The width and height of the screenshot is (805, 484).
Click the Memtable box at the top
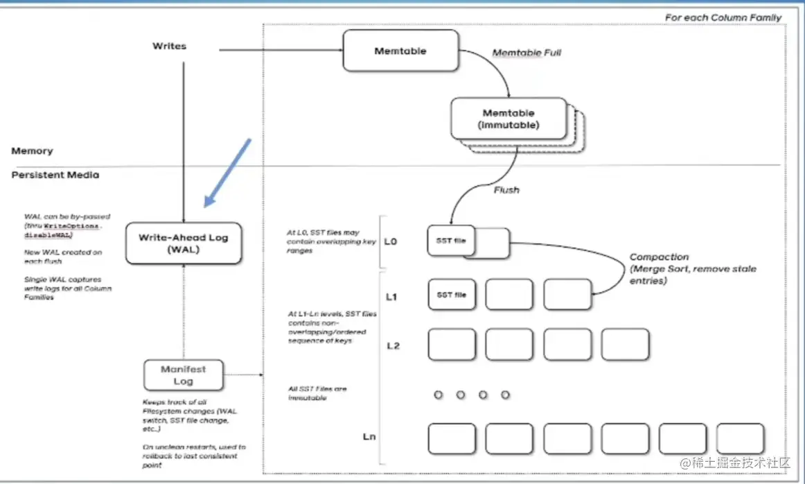pyautogui.click(x=400, y=51)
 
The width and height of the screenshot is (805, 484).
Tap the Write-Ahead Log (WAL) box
pyautogui.click(x=184, y=243)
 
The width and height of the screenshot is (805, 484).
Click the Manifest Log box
pyautogui.click(x=184, y=375)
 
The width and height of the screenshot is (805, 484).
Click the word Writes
pyautogui.click(x=169, y=46)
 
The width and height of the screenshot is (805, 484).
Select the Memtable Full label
pyautogui.click(x=527, y=53)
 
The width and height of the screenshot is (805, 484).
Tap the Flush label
pyautogui.click(x=506, y=189)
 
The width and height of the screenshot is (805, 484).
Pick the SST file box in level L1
pyautogui.click(x=452, y=295)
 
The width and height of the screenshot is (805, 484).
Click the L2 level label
pyautogui.click(x=393, y=345)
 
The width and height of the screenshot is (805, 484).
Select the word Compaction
pyautogui.click(x=659, y=257)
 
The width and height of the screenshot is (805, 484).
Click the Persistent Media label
pyautogui.click(x=55, y=175)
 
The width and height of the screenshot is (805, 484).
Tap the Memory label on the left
pyautogui.click(x=32, y=150)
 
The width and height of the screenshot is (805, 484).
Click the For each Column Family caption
pyautogui.click(x=723, y=17)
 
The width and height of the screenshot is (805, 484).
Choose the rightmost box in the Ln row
pyautogui.click(x=740, y=438)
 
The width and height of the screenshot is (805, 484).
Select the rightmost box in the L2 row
pyautogui.click(x=625, y=345)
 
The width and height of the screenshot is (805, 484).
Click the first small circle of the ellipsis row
pyautogui.click(x=438, y=395)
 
